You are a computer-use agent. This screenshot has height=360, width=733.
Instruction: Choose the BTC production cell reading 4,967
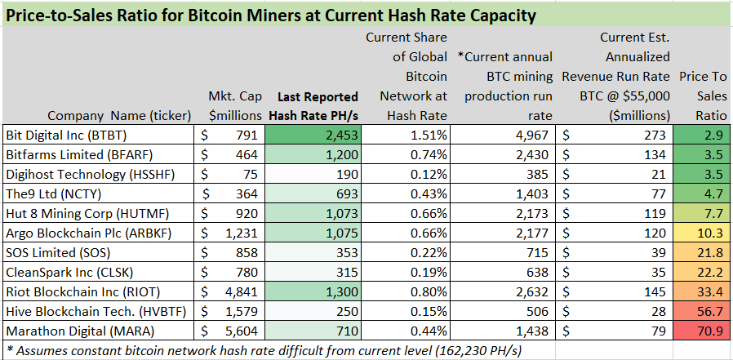pos(531,134)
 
